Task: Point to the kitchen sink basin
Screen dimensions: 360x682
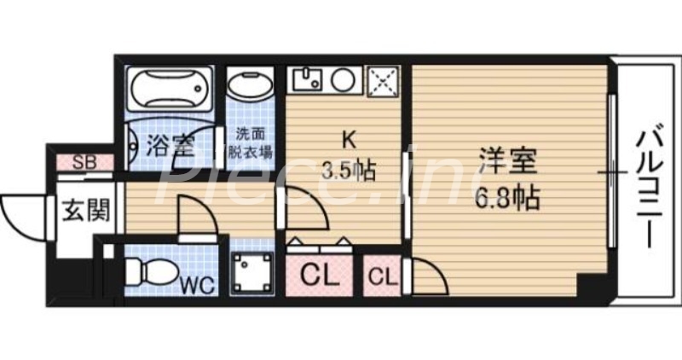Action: [306, 80]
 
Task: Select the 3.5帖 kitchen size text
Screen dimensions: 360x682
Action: [348, 170]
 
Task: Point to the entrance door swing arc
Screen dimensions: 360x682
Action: [19, 211]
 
